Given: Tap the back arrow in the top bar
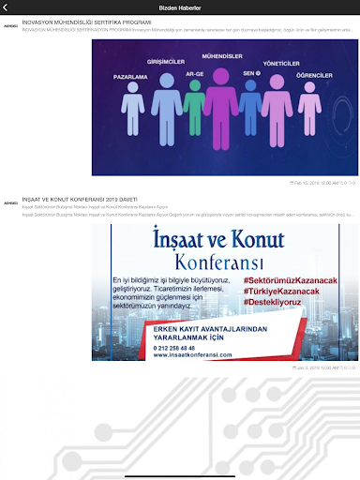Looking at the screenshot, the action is [7, 7].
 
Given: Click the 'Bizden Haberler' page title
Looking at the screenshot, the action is [181, 7].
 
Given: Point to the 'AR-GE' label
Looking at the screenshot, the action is [195, 73].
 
